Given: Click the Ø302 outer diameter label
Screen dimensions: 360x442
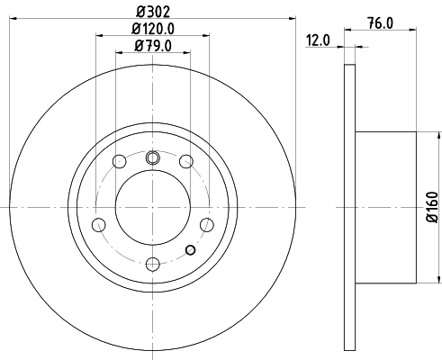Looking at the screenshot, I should pos(153,12).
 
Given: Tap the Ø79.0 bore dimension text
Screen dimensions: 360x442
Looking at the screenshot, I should pos(153,46).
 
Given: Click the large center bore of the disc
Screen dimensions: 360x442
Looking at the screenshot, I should pos(152,207).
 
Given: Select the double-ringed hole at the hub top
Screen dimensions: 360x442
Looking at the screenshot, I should pos(152,158).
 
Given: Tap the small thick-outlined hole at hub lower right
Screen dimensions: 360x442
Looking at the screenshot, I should pos(190,250).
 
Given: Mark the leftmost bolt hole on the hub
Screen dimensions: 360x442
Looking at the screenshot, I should pos(99,223).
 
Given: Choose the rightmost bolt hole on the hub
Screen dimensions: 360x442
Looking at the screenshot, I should pos(206,223).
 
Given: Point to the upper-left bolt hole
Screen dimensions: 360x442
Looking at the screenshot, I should pos(119,162).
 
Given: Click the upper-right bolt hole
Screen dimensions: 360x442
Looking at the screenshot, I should pos(185,162).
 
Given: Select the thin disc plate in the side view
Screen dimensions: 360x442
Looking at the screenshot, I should pos(350,207).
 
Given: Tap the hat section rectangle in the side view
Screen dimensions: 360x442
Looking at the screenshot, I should pos(387,207).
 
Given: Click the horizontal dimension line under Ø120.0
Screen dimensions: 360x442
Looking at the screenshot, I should pos(153,36).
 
